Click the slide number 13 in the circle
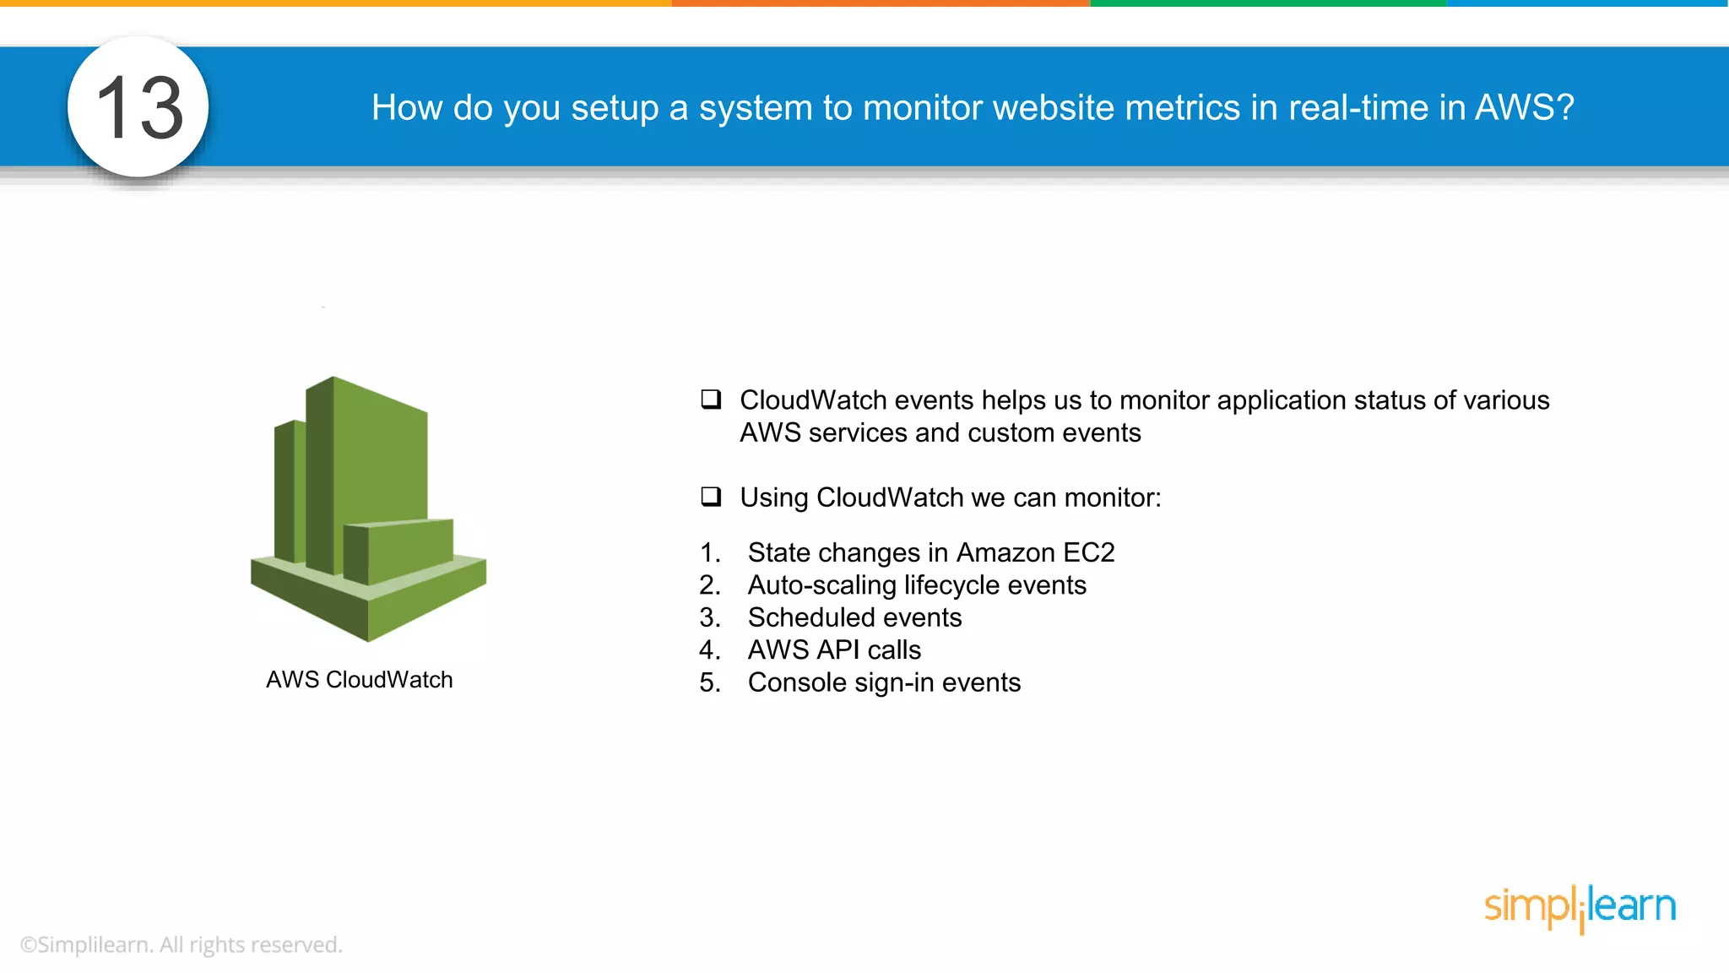pos(139,107)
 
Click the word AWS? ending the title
pos(1524,107)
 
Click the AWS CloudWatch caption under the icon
pos(360,680)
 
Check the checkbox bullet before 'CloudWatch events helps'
pos(711,399)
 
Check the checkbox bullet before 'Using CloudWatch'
pos(711,496)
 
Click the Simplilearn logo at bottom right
pos(1580,907)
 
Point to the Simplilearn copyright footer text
pos(182,945)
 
